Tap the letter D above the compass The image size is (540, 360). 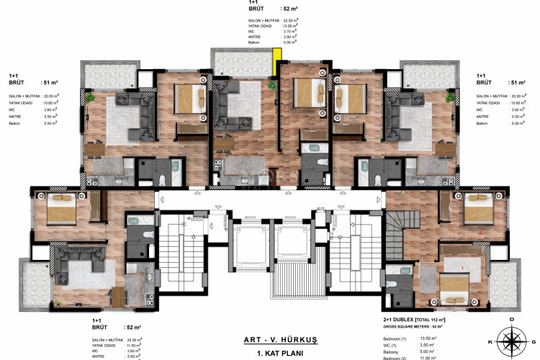[512, 319]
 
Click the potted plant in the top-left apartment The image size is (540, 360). [91, 96]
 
